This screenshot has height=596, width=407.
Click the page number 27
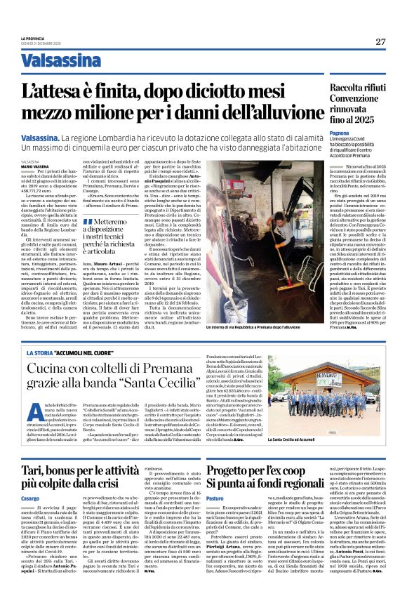[380, 41]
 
